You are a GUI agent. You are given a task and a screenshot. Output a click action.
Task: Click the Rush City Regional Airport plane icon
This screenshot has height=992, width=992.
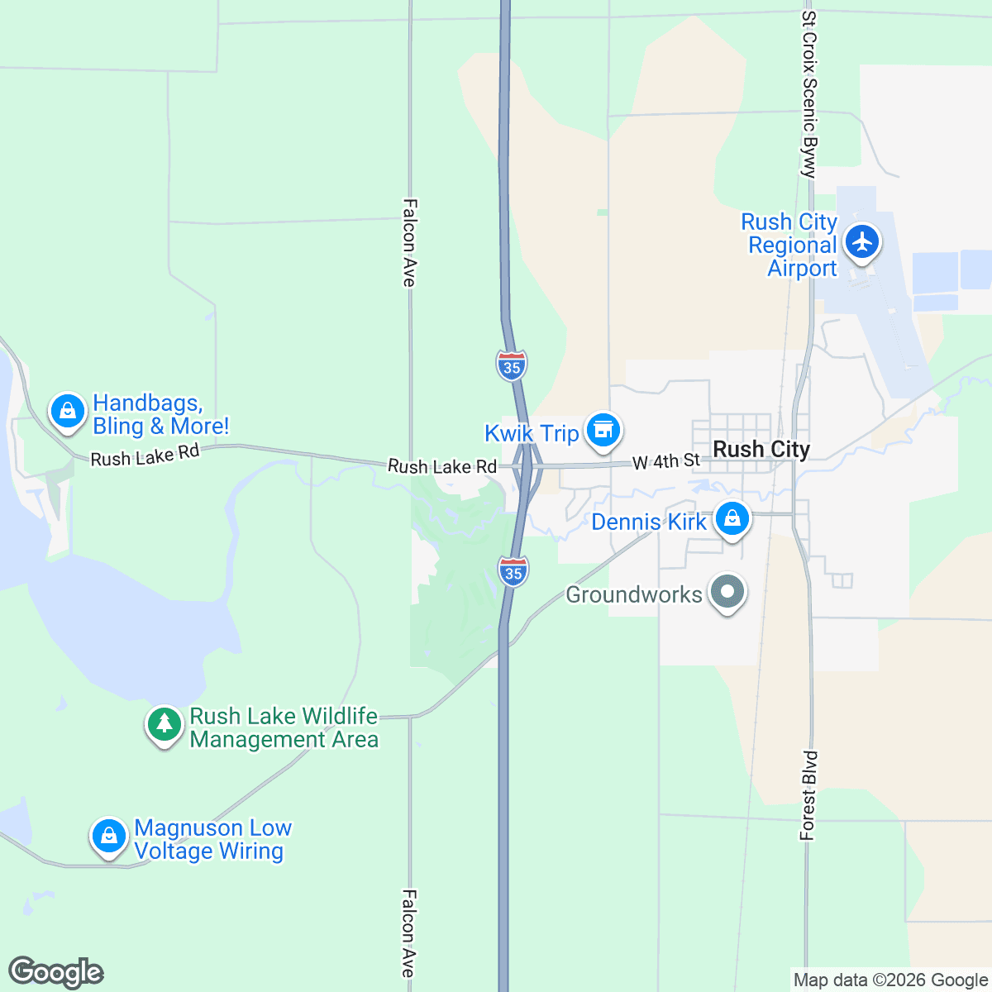pos(862,242)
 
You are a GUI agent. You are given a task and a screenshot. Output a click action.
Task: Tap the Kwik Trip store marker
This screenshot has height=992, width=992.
pos(603,430)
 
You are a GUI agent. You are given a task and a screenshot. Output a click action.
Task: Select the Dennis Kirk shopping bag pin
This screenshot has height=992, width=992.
pos(732,520)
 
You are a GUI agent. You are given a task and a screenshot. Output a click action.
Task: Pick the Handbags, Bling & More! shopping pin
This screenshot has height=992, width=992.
pos(68,410)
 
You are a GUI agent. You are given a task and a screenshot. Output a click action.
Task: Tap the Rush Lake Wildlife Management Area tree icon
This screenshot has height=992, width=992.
pos(165,724)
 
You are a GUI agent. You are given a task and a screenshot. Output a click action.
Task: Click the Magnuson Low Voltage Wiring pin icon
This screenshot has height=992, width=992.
pos(108,836)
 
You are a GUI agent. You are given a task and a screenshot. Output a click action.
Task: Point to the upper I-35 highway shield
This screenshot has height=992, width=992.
pos(512,365)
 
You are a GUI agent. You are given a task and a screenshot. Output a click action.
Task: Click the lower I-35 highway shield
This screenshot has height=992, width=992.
pos(513,571)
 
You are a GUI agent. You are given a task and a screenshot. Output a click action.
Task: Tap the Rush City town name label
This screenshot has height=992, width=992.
pos(761,449)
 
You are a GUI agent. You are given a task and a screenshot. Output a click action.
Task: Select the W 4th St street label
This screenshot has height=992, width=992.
pos(666,461)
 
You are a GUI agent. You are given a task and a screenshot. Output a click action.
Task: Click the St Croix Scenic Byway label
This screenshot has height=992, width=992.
pos(809,93)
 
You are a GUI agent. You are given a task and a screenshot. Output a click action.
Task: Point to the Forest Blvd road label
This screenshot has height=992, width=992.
pos(808,795)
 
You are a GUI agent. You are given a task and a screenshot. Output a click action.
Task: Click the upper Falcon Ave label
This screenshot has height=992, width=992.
pos(408,242)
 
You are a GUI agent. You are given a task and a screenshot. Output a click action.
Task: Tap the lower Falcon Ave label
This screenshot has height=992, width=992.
pos(408,933)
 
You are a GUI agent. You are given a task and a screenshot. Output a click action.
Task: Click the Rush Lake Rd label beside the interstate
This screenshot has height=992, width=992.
pos(441,467)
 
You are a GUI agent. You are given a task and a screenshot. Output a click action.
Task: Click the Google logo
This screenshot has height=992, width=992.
pos(56,972)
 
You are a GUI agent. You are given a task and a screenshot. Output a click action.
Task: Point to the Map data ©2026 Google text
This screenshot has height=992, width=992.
pos(890,980)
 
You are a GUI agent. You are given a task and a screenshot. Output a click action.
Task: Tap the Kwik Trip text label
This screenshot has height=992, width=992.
pos(532,433)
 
